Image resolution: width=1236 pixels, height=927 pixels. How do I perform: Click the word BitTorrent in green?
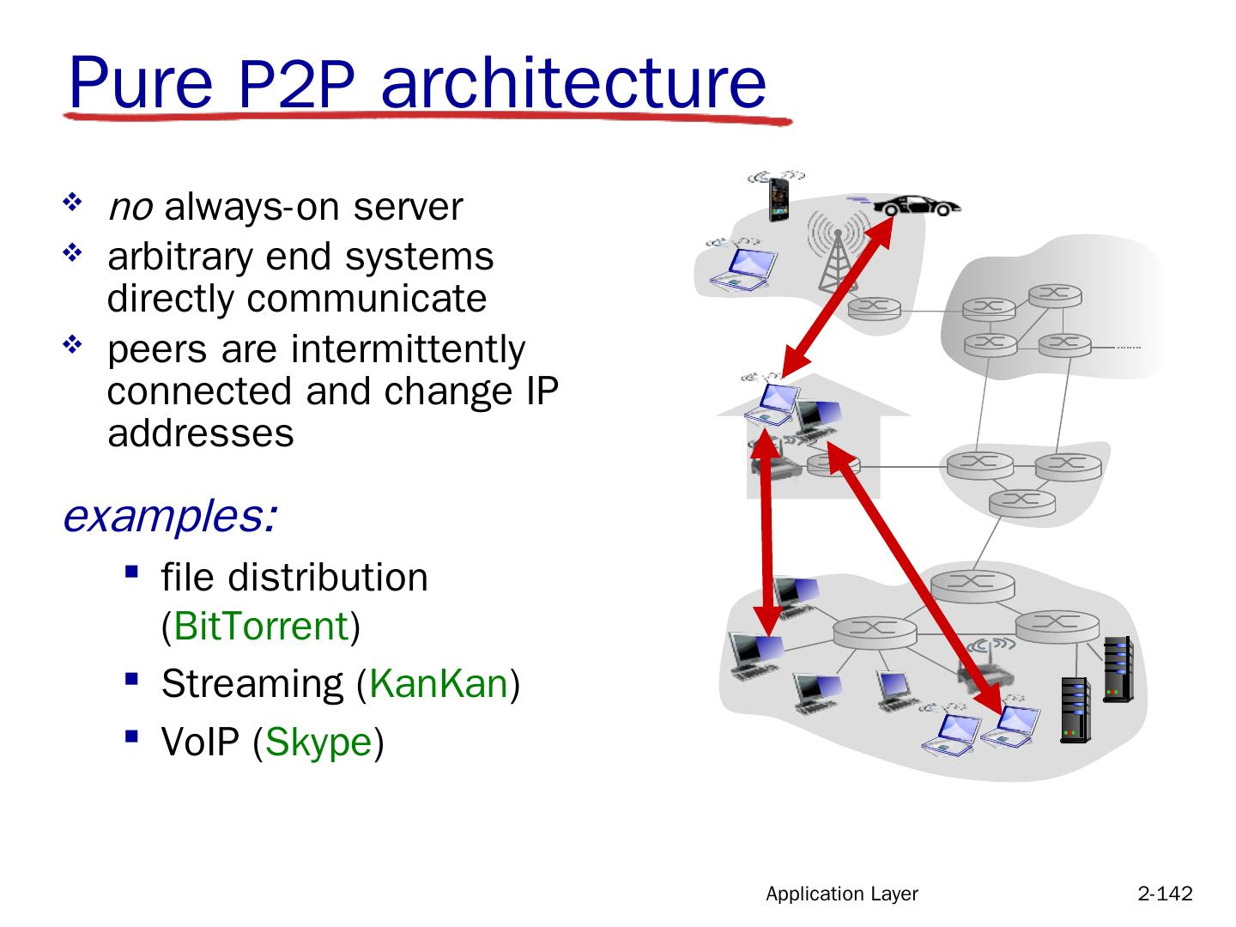[261, 626]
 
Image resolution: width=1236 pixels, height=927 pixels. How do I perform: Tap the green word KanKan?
[439, 683]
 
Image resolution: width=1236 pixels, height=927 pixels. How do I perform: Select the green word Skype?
[318, 742]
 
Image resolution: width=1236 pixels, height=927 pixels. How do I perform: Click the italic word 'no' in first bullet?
[130, 207]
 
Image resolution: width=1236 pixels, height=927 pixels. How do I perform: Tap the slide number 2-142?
[1165, 894]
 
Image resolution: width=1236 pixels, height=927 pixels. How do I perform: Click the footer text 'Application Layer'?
[841, 894]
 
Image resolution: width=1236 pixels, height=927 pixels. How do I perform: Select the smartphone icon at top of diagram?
[777, 198]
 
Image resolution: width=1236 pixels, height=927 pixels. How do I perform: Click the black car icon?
[916, 206]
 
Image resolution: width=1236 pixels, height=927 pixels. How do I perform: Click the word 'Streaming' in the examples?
[251, 683]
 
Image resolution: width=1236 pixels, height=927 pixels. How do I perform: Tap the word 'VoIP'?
[202, 742]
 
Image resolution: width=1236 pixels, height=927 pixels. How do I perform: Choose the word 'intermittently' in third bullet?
[408, 348]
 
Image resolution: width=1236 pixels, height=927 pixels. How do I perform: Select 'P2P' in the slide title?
[294, 86]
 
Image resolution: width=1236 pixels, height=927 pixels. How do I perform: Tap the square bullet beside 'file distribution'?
[130, 570]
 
